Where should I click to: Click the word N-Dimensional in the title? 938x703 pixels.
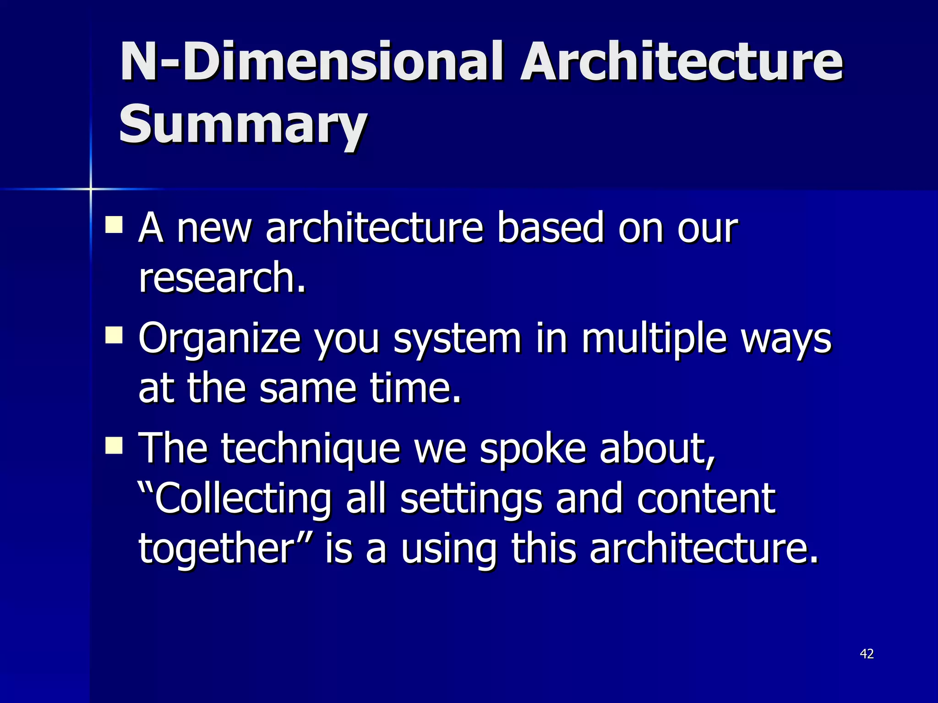pos(311,62)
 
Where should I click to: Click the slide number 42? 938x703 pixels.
pos(867,654)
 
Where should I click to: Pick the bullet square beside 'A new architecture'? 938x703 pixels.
pos(114,225)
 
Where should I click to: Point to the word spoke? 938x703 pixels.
pos(532,449)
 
